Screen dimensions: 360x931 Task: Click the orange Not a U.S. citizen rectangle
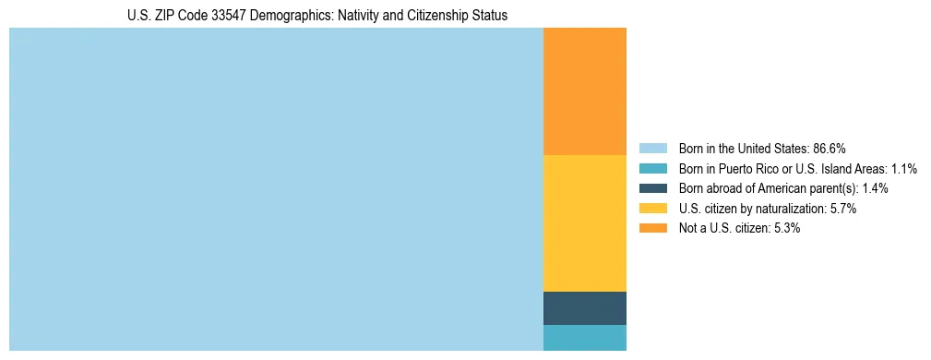(x=584, y=91)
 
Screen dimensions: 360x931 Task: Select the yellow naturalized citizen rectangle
(x=584, y=222)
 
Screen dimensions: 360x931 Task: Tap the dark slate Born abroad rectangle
(x=584, y=308)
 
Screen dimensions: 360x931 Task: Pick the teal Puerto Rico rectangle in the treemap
(x=584, y=338)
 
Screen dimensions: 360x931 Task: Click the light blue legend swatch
(x=652, y=148)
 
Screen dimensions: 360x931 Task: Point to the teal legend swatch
(x=652, y=168)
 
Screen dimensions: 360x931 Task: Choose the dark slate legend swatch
(x=652, y=188)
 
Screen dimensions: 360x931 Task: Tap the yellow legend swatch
(x=652, y=209)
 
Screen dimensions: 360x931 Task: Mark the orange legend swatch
(x=652, y=229)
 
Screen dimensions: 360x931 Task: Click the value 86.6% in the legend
(x=830, y=148)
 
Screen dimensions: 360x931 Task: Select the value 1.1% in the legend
(x=904, y=168)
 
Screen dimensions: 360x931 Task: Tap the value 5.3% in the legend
(x=785, y=229)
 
